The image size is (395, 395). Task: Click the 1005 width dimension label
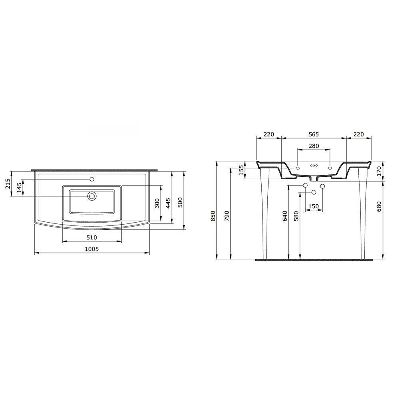pyautogui.click(x=92, y=249)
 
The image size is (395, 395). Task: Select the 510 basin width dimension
pyautogui.click(x=92, y=237)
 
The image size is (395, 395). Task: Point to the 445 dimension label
pyautogui.click(x=168, y=203)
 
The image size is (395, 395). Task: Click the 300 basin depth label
pyautogui.click(x=157, y=203)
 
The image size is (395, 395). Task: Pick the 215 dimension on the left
pyautogui.click(x=8, y=184)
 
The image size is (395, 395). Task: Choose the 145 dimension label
pyautogui.click(x=20, y=188)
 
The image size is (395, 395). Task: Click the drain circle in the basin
pyautogui.click(x=92, y=196)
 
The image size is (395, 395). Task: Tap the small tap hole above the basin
pyautogui.click(x=92, y=179)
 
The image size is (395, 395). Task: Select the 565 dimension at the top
pyautogui.click(x=314, y=134)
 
